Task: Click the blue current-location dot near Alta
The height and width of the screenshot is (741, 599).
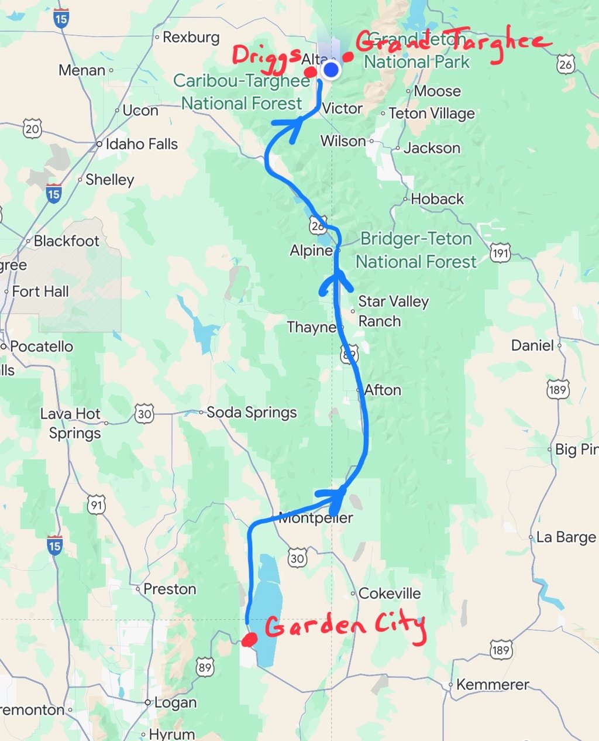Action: coord(331,70)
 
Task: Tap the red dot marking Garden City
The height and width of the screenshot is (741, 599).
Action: coord(249,640)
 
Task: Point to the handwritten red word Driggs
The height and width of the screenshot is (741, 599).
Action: coord(267,56)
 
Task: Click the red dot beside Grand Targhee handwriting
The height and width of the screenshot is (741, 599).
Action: coord(348,57)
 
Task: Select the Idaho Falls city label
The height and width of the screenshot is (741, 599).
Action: coord(141,144)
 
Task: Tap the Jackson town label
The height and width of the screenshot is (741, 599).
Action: coord(432,148)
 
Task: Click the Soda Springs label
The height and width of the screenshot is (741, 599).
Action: coord(252,413)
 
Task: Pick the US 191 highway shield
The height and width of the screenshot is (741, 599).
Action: coord(500,253)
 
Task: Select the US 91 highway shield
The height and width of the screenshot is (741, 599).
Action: coord(97,505)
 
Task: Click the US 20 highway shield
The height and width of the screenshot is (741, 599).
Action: coord(33,128)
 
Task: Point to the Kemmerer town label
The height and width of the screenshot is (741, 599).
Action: coord(492,684)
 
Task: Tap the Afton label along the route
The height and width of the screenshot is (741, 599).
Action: coord(383,390)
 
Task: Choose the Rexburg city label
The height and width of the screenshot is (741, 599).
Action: coord(191,37)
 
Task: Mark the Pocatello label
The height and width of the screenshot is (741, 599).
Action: coord(42,347)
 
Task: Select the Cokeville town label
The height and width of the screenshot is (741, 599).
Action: coord(389,594)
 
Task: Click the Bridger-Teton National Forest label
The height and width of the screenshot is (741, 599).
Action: coord(416,250)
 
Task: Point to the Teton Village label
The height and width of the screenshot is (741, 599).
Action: coord(432,114)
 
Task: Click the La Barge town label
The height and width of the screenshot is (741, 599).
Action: coord(566,537)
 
